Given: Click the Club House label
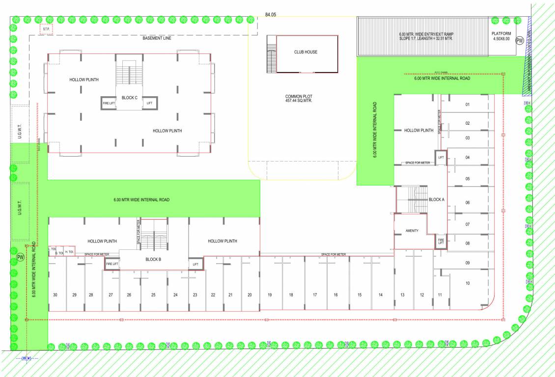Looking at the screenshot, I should coord(305,52).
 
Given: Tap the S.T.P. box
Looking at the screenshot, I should coord(46,29).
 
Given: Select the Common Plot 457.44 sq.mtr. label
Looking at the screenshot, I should coord(299,98).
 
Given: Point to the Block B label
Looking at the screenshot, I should coord(153,260).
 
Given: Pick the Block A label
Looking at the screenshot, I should coord(436,200).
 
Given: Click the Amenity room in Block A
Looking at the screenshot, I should coord(412,231).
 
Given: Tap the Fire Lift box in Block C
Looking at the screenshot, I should coord(108,103).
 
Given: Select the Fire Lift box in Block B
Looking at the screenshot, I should coord(112,264).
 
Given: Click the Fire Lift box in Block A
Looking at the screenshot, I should coord(441,241).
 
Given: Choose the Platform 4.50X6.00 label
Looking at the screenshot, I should coord(501,36).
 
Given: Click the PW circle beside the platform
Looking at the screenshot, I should coord(519,41).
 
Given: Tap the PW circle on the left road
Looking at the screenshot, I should coord(20,257).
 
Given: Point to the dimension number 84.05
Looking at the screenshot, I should coord(271,15).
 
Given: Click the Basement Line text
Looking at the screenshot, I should coord(157,38).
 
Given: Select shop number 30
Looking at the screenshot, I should coord(55,295).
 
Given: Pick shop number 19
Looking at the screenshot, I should coord(270,295).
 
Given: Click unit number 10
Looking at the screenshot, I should coord(468,283).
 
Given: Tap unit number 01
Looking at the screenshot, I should coord(468,105).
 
